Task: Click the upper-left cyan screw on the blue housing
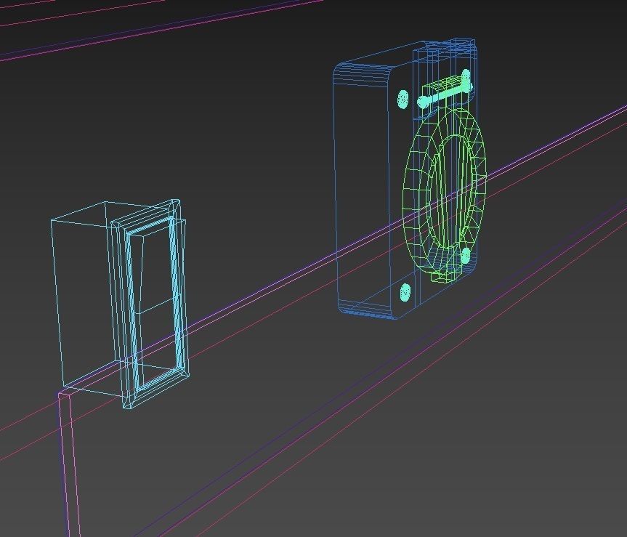point(404,98)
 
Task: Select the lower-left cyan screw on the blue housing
point(405,293)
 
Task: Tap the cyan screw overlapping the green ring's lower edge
point(466,256)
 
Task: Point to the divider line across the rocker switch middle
point(153,310)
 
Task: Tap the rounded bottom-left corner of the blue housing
point(344,308)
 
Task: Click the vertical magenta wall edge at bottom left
point(69,472)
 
